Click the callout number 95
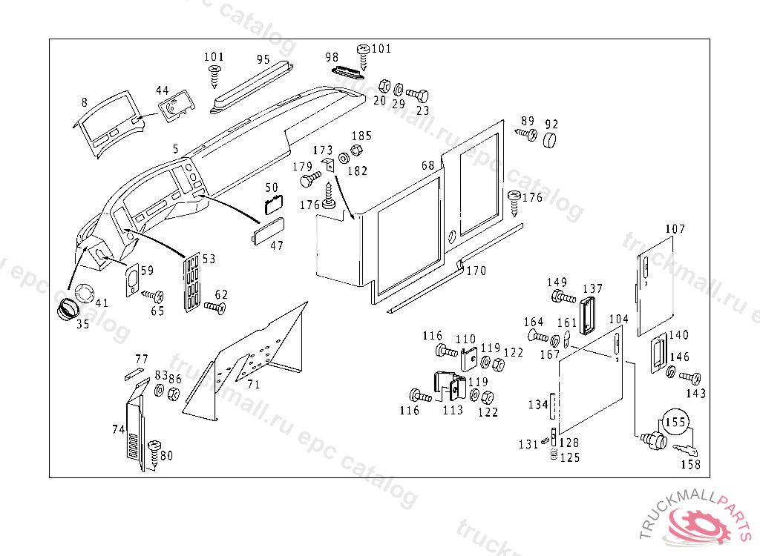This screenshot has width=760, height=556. pos(263,59)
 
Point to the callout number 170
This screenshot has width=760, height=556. pos(476,271)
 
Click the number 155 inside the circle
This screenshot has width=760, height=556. pos(675,423)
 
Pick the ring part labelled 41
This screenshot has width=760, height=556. pos(85,293)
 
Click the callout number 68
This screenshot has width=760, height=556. pos(427,165)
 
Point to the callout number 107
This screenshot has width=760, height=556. pos(675,229)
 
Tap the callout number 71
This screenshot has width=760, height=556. pos(253,384)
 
